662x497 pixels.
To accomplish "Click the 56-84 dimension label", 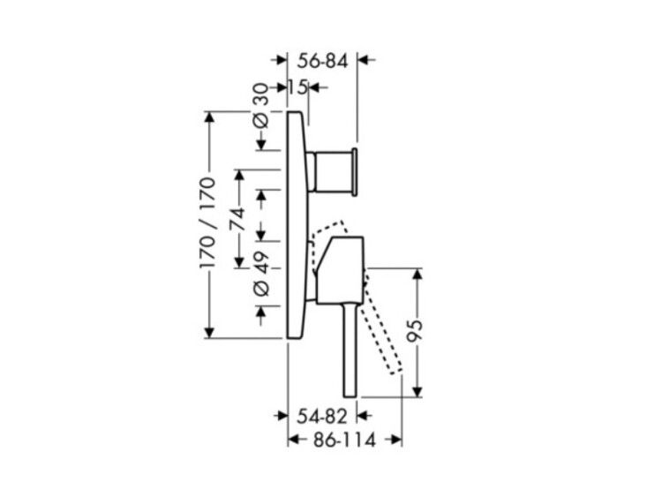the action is (322, 62).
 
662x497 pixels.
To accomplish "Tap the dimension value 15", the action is (298, 87).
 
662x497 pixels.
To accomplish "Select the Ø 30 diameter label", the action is (261, 106).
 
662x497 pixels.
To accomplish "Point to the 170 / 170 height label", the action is (208, 222).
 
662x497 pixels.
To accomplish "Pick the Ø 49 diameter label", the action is (261, 274).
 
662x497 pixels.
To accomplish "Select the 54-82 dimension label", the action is (321, 417).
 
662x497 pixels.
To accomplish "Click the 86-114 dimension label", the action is (344, 441).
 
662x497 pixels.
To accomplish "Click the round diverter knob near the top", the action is (335, 172).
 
